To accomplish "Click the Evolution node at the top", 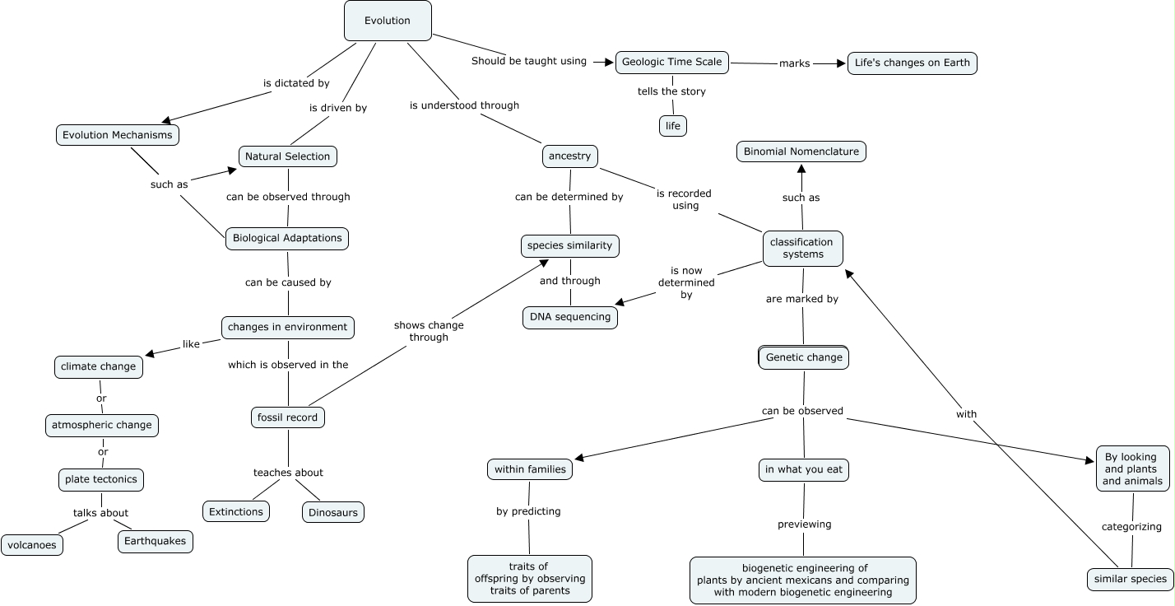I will coord(388,21).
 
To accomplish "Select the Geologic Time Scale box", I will coord(671,62).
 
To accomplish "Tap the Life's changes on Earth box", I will coord(912,63).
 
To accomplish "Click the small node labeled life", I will coord(672,126).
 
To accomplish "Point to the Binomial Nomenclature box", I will coord(801,151).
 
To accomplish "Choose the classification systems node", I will coord(802,248).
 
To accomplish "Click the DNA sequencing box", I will coord(569,317).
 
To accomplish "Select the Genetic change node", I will coord(803,357).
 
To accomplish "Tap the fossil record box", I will coord(287,417).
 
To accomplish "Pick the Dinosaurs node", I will coord(332,512).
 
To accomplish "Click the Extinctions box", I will coord(236,511).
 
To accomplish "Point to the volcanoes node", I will coord(31,545).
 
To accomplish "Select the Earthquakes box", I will coord(156,541).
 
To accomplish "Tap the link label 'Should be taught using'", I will coord(528,61).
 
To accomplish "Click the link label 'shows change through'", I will coord(429,331).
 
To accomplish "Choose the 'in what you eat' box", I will coord(803,470).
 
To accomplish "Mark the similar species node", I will coord(1130,579).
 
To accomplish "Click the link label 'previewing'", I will coord(804,524).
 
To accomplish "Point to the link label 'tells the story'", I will coord(671,91).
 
